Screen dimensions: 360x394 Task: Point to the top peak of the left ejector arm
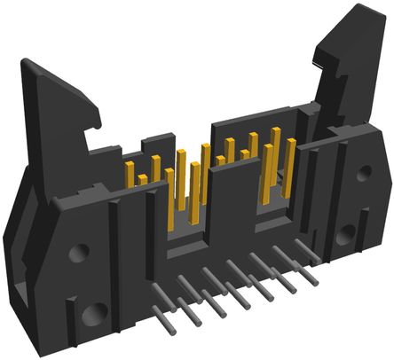coord(28,63)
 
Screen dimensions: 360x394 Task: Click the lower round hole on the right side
coord(346,234)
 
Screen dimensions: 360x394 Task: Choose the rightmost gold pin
coord(289,168)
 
